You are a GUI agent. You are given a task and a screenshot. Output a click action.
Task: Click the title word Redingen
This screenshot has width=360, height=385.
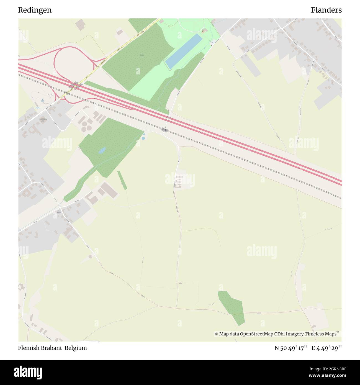coord(35,10)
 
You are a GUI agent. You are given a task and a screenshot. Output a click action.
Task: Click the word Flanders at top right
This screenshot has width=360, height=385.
coord(326,10)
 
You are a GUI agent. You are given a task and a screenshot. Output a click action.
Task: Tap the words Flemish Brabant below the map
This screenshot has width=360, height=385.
coord(40,348)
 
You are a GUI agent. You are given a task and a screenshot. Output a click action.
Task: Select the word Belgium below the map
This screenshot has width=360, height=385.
coord(76,348)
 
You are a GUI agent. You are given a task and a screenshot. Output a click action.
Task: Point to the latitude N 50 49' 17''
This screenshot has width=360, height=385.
coord(291,348)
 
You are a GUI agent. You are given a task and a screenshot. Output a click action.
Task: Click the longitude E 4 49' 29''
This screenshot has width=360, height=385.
coord(326,348)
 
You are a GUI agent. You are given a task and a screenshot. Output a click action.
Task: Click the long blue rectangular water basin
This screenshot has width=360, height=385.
coord(184,51)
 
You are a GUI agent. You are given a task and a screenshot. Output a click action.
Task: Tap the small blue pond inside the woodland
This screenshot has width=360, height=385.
coord(102,150)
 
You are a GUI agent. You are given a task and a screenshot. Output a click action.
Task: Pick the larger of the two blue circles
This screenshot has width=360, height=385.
coord(143,138)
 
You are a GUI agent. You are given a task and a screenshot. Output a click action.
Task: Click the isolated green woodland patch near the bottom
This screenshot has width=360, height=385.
coord(233,307)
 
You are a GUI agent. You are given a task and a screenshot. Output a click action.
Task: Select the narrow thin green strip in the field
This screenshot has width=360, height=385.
coord(122,180)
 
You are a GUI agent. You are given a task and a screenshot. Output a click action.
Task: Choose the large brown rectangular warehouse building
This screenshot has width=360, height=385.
coord(109,190)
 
